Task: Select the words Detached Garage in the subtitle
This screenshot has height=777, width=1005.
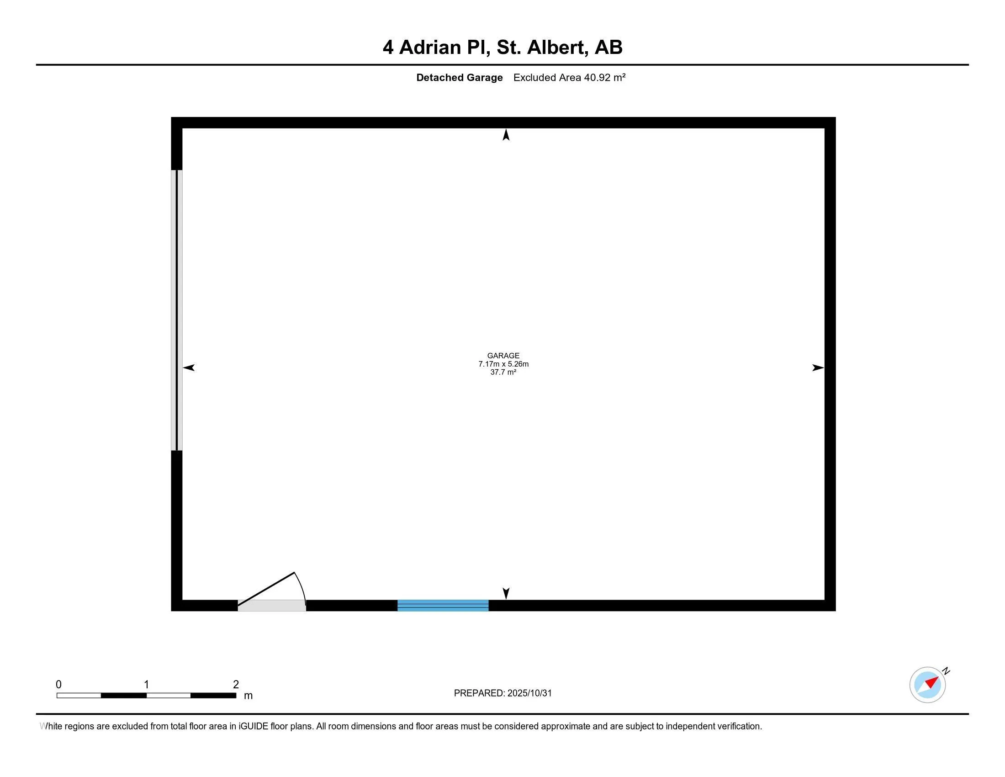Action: point(459,78)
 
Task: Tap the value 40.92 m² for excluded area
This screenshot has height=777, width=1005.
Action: point(605,78)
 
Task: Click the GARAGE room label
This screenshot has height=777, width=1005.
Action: point(503,356)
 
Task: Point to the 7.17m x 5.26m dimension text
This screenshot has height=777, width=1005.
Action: point(503,364)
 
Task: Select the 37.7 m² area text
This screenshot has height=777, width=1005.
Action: point(503,373)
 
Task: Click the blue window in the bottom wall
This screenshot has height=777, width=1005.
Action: point(443,605)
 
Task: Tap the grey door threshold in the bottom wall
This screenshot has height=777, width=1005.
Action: point(271,606)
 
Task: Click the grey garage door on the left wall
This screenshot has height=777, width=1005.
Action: point(177,310)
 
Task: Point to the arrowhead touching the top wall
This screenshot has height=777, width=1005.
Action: point(506,135)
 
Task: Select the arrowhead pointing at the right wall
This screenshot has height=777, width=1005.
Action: point(818,367)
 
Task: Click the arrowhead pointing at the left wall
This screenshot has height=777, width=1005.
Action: point(189,367)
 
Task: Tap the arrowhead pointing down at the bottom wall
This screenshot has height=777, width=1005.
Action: point(506,593)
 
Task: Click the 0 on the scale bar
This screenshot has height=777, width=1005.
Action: point(58,685)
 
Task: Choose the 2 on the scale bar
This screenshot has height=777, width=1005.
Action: point(236,685)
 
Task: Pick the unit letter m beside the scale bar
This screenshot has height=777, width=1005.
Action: point(248,696)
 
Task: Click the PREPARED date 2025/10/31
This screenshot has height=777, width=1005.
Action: point(529,693)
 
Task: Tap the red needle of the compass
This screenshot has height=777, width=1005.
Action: point(931,682)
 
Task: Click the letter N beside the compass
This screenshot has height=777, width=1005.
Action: point(946,671)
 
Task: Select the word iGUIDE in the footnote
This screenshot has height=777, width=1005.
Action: point(253,726)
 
